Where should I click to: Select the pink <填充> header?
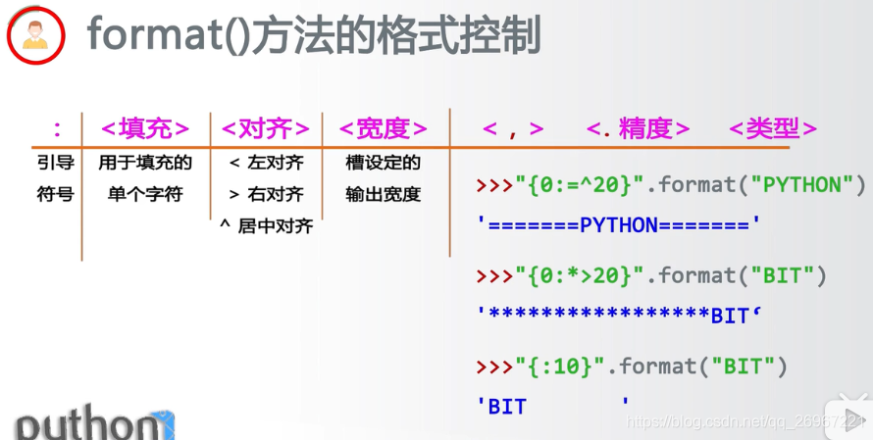click(x=145, y=128)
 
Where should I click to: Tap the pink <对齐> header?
click(x=266, y=128)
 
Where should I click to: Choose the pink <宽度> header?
click(x=383, y=128)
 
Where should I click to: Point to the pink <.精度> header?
click(x=638, y=128)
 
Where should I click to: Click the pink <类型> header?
click(x=773, y=128)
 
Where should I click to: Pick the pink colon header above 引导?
click(x=56, y=128)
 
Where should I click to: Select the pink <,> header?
click(x=513, y=128)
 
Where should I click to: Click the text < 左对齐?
click(x=266, y=163)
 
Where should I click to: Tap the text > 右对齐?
click(x=266, y=194)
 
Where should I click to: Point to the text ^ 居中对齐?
click(x=266, y=226)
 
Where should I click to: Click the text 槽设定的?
click(x=383, y=163)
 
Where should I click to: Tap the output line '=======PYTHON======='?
click(x=619, y=225)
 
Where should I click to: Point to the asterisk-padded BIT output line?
click(x=619, y=315)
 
